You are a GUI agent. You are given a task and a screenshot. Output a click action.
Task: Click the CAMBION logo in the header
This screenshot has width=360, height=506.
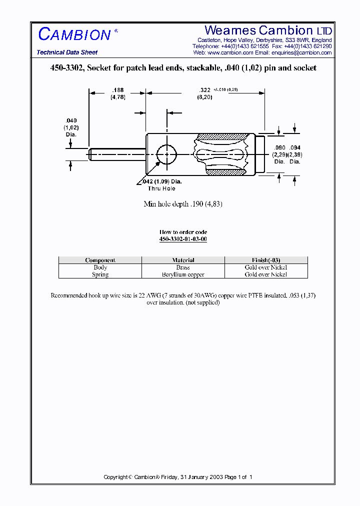[x=74, y=34]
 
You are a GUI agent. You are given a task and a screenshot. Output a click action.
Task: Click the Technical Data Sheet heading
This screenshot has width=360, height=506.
[x=67, y=52]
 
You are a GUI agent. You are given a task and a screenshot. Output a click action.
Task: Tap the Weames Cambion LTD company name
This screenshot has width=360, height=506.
[x=268, y=30]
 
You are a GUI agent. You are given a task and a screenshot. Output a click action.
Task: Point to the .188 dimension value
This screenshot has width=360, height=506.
[x=117, y=90]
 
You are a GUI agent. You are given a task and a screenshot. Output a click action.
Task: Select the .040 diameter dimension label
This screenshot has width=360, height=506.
[x=71, y=120]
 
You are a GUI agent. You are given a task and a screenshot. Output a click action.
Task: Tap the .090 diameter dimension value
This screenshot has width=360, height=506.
[x=279, y=147]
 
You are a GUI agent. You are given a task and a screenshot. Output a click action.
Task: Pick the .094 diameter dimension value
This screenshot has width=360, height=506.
[x=295, y=147]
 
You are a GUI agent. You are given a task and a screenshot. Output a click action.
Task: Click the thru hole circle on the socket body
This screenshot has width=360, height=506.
[x=166, y=155]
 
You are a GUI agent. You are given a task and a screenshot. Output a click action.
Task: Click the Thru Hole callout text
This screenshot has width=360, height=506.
[x=161, y=188]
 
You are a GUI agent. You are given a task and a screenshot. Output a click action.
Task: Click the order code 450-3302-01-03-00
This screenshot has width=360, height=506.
[x=183, y=239]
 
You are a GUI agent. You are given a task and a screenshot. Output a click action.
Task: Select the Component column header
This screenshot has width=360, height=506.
[x=100, y=260]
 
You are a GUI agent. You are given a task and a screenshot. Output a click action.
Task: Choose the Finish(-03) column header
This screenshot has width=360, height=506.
[x=266, y=260]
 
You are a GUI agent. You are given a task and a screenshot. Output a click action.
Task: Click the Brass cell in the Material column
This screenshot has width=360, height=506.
[x=183, y=267]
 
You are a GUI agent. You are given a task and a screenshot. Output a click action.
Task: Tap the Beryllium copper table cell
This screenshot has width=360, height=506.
[x=183, y=274]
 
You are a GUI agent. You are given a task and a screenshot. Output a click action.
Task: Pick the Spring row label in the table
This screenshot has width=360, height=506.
[x=100, y=274]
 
